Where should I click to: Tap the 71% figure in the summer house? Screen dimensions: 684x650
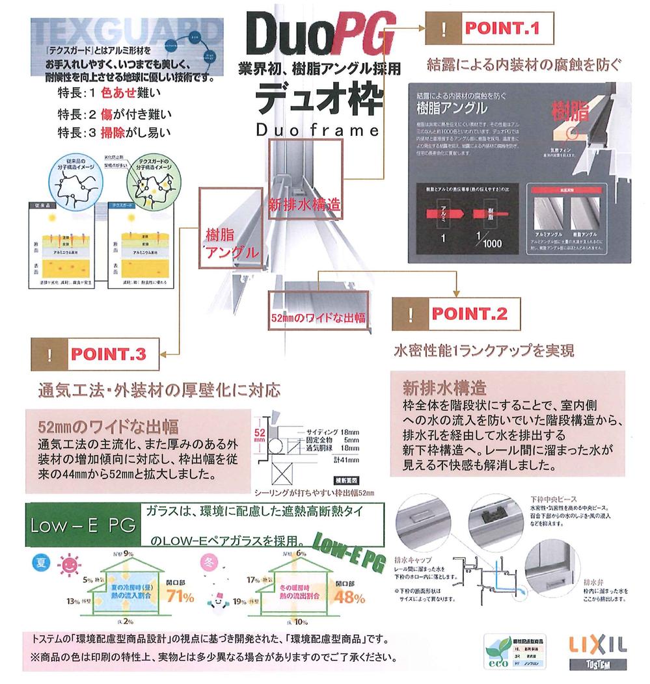pos(180,595)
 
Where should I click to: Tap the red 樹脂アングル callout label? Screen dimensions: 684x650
pos(230,242)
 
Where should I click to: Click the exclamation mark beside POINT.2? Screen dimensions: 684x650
pos(410,315)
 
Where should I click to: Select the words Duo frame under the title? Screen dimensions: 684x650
pos(317,130)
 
